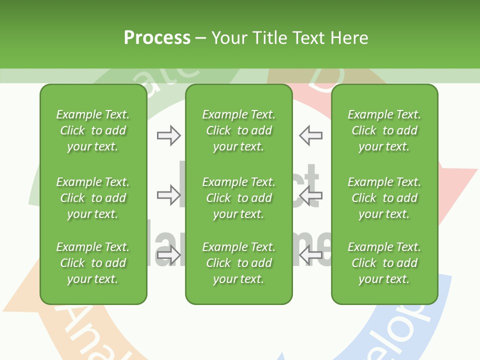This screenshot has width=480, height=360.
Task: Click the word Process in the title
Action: point(157,38)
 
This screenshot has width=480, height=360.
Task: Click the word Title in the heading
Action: point(268,38)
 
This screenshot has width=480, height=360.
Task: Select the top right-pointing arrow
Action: point(168,135)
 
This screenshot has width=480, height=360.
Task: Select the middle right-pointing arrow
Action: point(168,195)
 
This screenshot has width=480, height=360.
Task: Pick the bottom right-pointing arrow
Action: point(168,255)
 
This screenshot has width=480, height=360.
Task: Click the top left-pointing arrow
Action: point(311,135)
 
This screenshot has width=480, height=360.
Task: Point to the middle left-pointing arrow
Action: point(311,195)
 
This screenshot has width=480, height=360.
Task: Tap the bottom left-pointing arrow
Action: point(311,255)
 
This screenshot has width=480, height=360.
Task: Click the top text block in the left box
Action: point(93,130)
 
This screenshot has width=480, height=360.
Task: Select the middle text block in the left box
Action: point(93,198)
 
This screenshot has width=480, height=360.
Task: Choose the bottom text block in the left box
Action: point(93,263)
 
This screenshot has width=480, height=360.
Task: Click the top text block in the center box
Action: point(239,130)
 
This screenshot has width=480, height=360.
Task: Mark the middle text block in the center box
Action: point(239,198)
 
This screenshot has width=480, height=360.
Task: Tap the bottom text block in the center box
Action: point(239,263)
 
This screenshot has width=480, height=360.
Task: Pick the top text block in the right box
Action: point(384,130)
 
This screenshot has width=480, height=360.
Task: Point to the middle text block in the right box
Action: point(384,198)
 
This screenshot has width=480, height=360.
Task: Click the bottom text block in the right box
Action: point(384,263)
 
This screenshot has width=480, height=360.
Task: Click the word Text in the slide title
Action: point(308,38)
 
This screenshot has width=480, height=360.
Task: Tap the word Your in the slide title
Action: point(228,38)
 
